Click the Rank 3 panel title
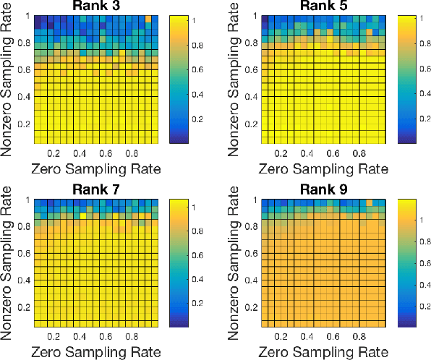pos(95,7)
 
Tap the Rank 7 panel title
pos(95,189)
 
